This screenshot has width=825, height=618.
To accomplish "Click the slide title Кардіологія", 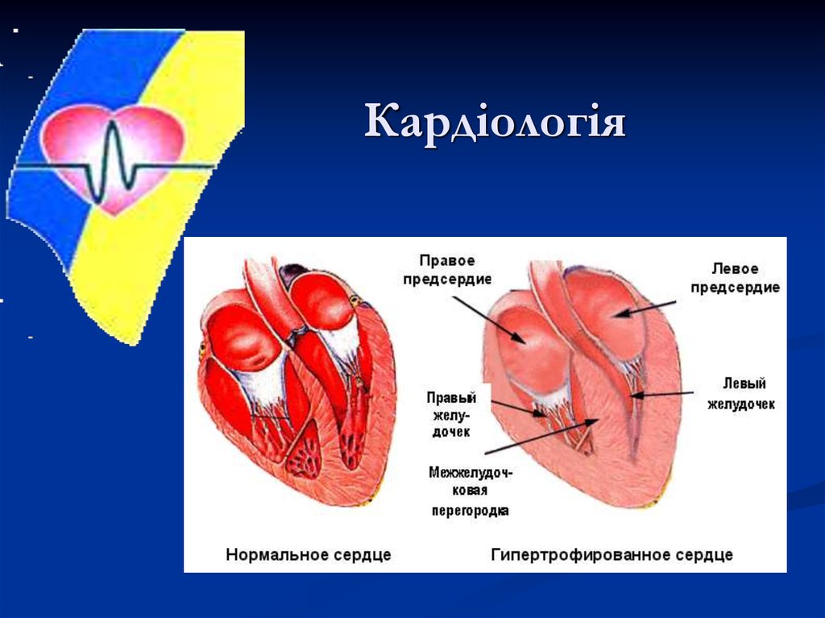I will click(x=495, y=122).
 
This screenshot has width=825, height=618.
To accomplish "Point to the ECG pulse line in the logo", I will click(x=113, y=165).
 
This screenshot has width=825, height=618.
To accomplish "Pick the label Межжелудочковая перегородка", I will click(x=471, y=491).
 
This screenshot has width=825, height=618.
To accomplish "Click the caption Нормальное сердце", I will click(x=309, y=555).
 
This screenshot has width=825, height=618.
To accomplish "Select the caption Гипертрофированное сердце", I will click(x=611, y=555).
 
